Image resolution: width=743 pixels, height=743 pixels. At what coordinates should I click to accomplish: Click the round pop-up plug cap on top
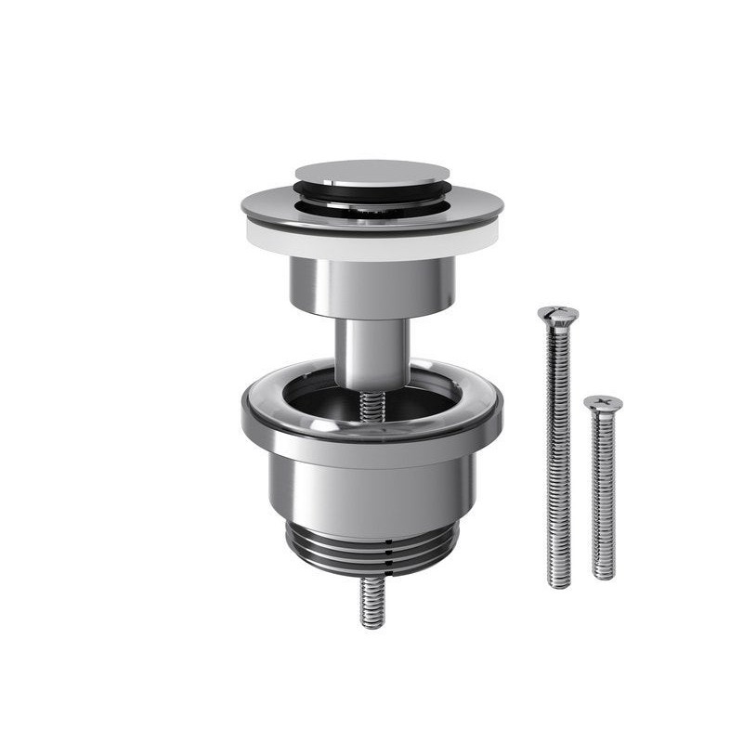pos(371,173)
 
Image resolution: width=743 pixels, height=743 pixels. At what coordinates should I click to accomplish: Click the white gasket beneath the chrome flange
pos(371,245)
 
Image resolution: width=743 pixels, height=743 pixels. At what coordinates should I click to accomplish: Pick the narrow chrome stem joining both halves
pos(371,353)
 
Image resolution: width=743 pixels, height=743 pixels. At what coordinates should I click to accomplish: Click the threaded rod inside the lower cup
pos(372,405)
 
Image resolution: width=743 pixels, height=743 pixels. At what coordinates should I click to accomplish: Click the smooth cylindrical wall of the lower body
pos(371,492)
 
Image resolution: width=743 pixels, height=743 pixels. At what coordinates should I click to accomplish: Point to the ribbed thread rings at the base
pos(371,553)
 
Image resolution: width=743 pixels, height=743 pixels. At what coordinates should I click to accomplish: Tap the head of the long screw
pos(557,314)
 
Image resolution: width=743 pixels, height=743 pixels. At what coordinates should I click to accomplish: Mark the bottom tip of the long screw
pos(559,583)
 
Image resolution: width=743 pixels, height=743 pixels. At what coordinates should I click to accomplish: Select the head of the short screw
pos(603,403)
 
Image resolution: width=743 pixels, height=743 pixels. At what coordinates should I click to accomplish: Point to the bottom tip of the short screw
pos(604,575)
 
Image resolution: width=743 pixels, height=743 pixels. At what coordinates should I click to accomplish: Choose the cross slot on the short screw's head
pos(603,401)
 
